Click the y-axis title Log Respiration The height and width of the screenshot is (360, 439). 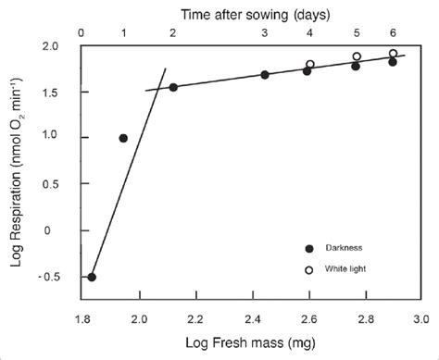click(19, 163)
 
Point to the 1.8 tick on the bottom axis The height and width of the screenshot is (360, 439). click(82, 319)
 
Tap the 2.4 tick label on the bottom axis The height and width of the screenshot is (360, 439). click(252, 319)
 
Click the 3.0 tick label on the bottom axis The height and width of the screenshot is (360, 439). click(420, 319)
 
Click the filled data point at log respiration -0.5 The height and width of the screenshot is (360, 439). click(92, 277)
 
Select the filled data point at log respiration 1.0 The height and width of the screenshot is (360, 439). click(123, 138)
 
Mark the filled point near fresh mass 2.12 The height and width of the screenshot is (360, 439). click(173, 87)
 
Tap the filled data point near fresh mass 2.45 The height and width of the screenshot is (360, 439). click(265, 75)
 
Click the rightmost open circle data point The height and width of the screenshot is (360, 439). click(393, 54)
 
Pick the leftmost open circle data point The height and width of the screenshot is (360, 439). click(310, 64)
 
